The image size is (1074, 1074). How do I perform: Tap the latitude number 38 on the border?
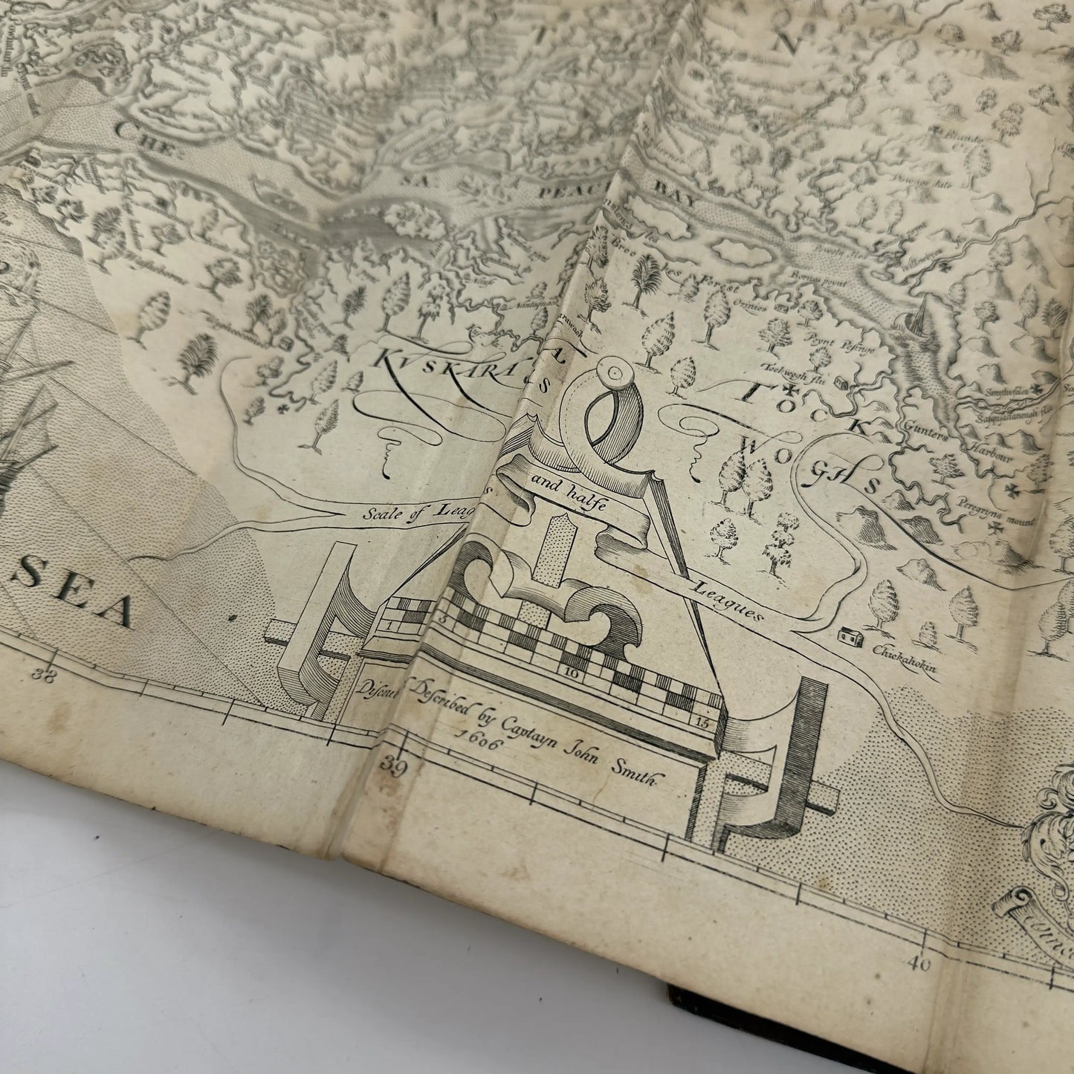(x=51, y=676)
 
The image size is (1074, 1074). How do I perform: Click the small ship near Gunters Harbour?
(x=922, y=320)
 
